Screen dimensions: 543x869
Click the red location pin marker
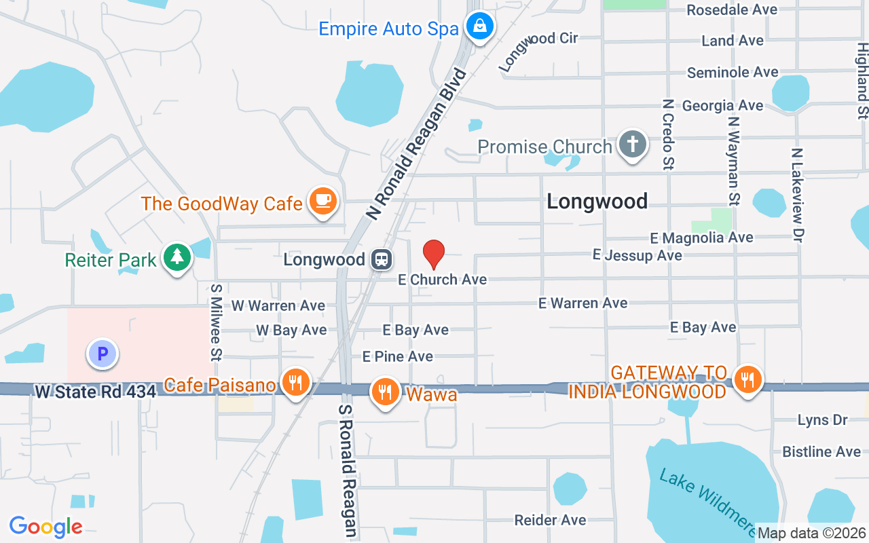click(x=434, y=255)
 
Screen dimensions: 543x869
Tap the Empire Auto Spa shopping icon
click(x=480, y=27)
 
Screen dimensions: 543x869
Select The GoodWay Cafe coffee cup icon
click(x=322, y=202)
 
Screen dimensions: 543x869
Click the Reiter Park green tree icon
click(x=177, y=257)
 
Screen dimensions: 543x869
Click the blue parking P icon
click(x=103, y=354)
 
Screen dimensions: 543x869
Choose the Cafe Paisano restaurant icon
click(x=295, y=383)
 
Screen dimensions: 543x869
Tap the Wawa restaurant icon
click(x=385, y=392)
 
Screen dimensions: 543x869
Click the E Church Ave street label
click(x=443, y=280)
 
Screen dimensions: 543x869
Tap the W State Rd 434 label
click(x=95, y=392)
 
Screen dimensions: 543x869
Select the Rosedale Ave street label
click(x=732, y=10)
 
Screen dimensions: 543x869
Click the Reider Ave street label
click(x=550, y=521)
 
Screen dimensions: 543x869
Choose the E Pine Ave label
click(x=398, y=356)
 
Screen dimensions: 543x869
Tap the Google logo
click(x=46, y=527)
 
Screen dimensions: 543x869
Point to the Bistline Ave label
click(x=821, y=451)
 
